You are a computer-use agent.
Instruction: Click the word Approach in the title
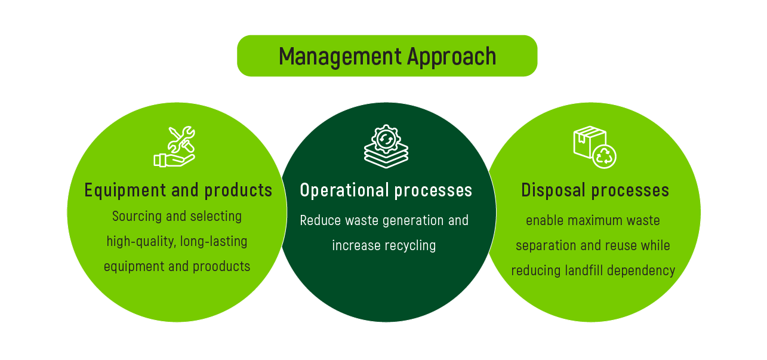click(x=451, y=57)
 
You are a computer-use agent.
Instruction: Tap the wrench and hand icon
click(x=174, y=146)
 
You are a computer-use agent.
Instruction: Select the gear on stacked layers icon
click(x=386, y=146)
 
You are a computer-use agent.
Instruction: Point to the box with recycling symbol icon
click(x=594, y=147)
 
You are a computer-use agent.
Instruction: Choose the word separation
click(x=542, y=245)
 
